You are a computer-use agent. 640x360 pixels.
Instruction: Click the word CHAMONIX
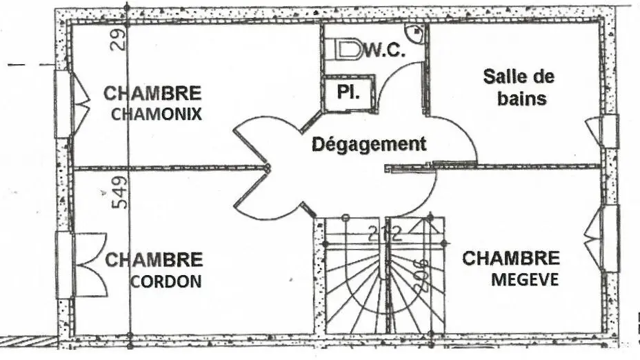pyautogui.click(x=157, y=114)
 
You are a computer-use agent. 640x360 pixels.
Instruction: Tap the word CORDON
pyautogui.click(x=166, y=281)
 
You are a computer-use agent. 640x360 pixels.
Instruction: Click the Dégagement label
pyautogui.click(x=369, y=145)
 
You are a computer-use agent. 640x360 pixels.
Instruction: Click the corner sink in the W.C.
pyautogui.click(x=415, y=31)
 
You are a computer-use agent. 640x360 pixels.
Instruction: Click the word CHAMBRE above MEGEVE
pyautogui.click(x=510, y=259)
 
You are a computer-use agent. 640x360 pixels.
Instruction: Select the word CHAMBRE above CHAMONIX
pyautogui.click(x=152, y=93)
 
